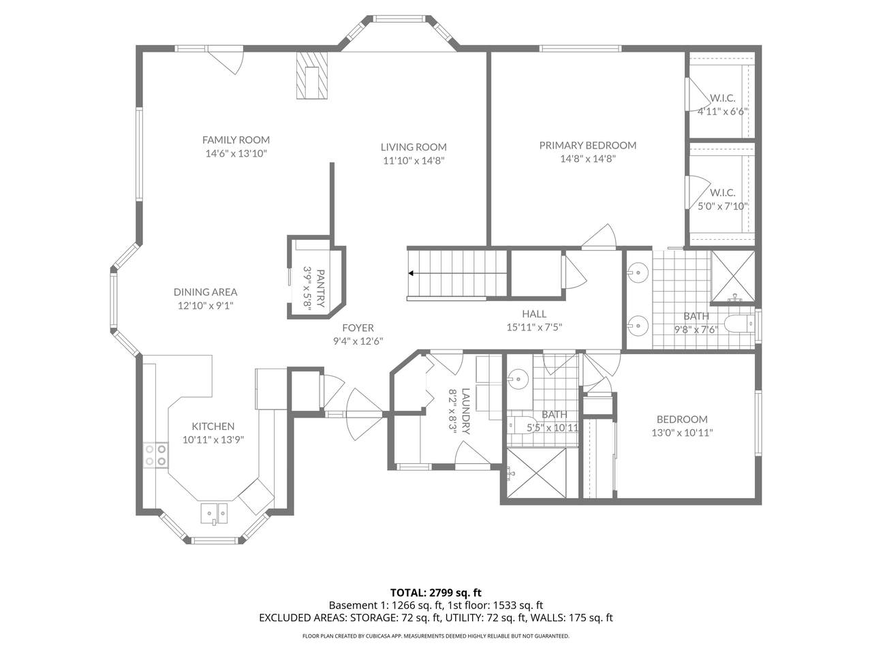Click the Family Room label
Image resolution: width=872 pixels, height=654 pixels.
[x=236, y=140]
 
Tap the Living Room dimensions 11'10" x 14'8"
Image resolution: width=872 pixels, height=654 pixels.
[x=414, y=161]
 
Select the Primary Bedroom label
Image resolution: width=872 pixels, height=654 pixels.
[x=587, y=145]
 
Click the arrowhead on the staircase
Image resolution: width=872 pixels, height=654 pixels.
[x=411, y=273]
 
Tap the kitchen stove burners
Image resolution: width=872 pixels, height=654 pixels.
[x=156, y=455]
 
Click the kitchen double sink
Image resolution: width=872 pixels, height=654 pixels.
[x=214, y=514]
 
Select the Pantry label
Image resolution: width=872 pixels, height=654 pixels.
[x=321, y=288]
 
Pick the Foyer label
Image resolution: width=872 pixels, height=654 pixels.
[x=358, y=328]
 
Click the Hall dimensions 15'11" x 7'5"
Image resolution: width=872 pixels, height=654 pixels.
[x=534, y=327]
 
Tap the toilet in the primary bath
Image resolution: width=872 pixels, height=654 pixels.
[x=739, y=323]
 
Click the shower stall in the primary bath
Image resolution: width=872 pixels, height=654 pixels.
[x=733, y=277]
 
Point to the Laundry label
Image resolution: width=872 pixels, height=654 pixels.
[x=465, y=411]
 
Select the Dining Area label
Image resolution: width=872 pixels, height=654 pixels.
[x=205, y=292]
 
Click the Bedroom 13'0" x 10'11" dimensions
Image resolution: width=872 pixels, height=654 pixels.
[x=682, y=433]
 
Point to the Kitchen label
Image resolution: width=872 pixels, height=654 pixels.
[x=213, y=426]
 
